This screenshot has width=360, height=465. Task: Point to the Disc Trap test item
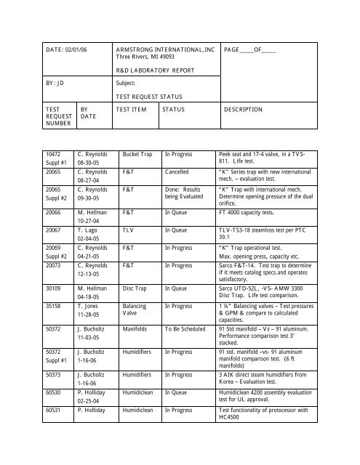[x=137, y=286]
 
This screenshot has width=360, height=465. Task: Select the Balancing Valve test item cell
[x=135, y=310]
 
